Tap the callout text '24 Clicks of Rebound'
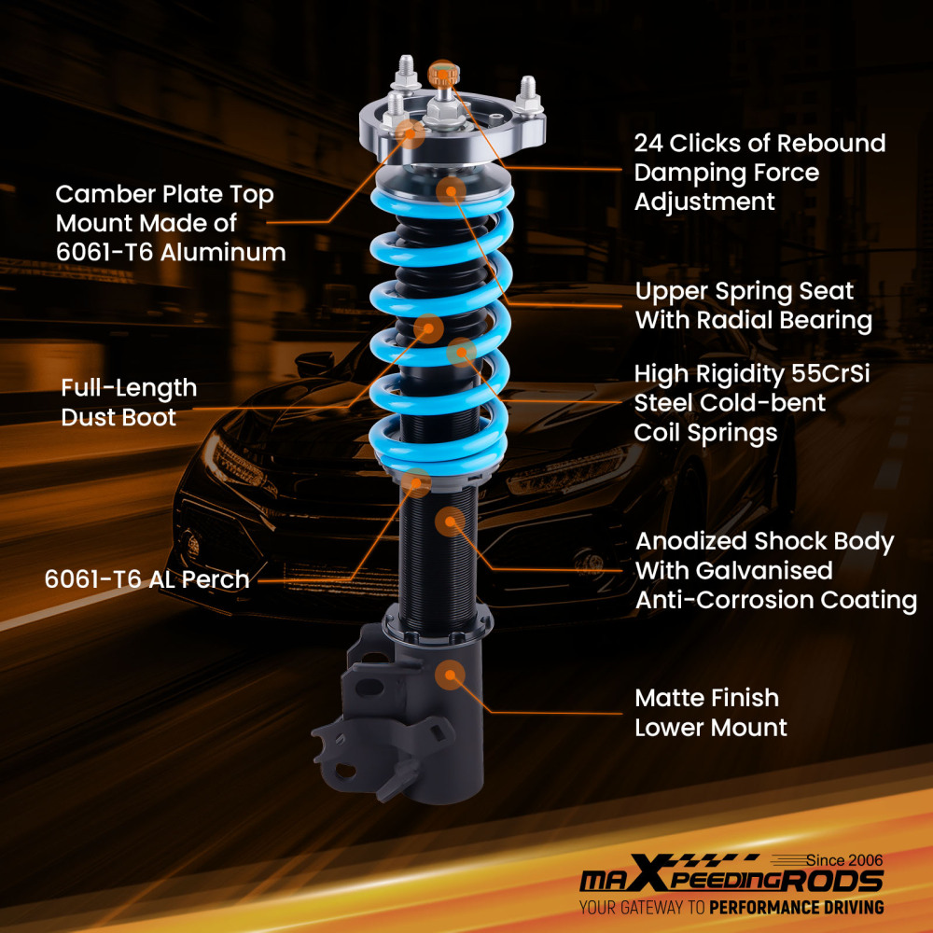[x=759, y=144]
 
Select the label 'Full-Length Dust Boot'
[x=129, y=402]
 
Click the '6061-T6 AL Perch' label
[x=146, y=579]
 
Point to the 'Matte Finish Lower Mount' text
[x=710, y=712]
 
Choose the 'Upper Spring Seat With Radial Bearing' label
[x=753, y=305]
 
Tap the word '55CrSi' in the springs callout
[x=829, y=375]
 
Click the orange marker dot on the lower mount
[x=451, y=674]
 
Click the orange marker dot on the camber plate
[x=411, y=132]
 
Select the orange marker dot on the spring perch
[x=417, y=482]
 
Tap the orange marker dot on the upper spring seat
[x=451, y=190]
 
